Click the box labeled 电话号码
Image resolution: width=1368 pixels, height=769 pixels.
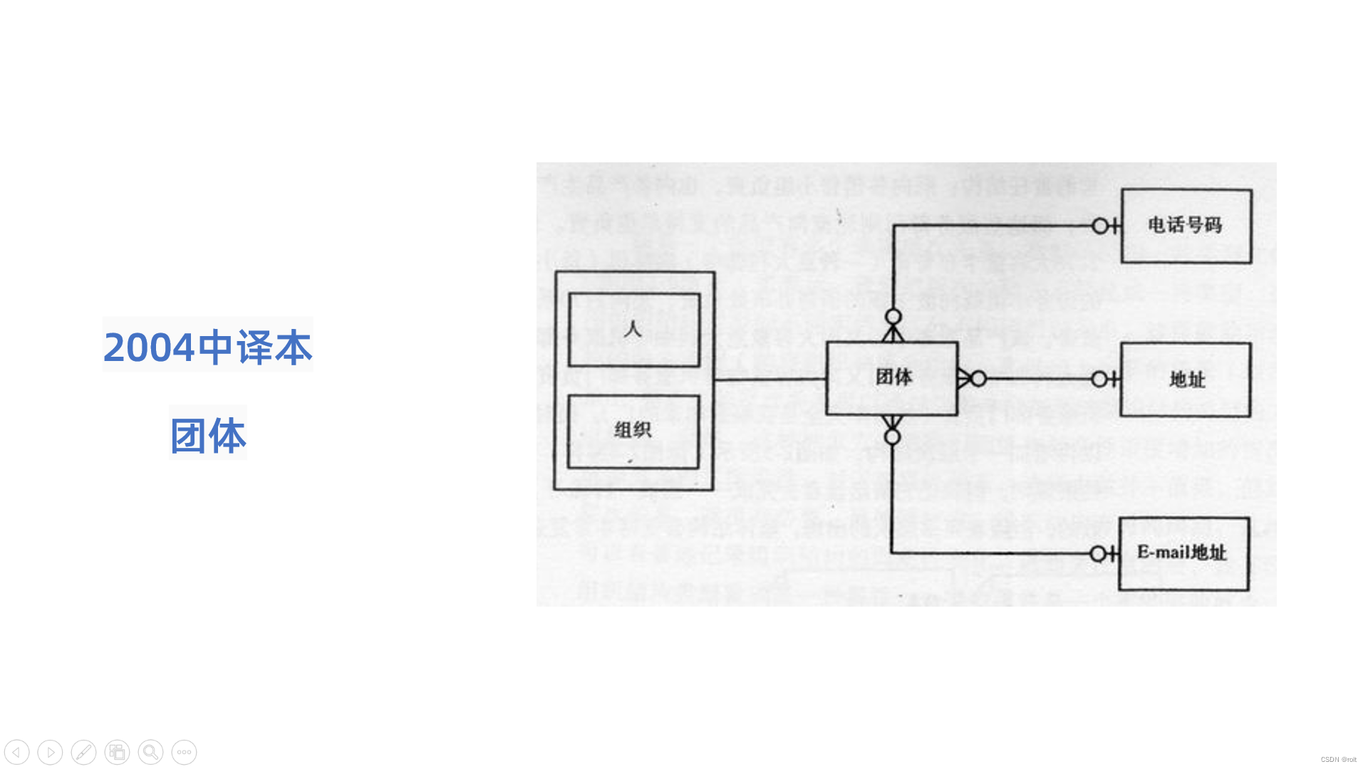pyautogui.click(x=1186, y=226)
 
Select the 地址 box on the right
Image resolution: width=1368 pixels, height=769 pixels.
pyautogui.click(x=1186, y=380)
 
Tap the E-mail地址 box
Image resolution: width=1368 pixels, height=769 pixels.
pyautogui.click(x=1183, y=553)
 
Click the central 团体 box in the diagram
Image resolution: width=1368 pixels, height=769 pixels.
pyautogui.click(x=891, y=378)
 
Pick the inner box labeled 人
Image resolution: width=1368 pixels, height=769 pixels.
pyautogui.click(x=634, y=330)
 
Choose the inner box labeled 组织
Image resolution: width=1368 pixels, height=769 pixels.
pyautogui.click(x=633, y=431)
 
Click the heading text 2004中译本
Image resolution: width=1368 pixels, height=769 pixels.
pyautogui.click(x=208, y=347)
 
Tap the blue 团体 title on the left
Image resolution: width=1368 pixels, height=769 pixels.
pyautogui.click(x=208, y=435)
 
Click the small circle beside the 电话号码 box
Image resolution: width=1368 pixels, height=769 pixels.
pyautogui.click(x=1100, y=226)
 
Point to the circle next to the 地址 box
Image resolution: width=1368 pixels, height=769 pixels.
pyautogui.click(x=1099, y=380)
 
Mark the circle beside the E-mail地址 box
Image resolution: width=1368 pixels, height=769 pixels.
pyautogui.click(x=1098, y=554)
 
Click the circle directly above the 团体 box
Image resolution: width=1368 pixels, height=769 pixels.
pyautogui.click(x=893, y=317)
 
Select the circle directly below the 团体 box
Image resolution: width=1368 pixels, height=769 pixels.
pyautogui.click(x=892, y=436)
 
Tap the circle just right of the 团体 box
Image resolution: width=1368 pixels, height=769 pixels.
pyautogui.click(x=979, y=379)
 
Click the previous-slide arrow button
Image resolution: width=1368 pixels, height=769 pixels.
pyautogui.click(x=16, y=752)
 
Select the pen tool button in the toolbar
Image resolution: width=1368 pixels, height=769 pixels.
pyautogui.click(x=83, y=752)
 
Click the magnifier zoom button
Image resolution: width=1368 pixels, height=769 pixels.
pyautogui.click(x=150, y=752)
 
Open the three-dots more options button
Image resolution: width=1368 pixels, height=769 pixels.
pyautogui.click(x=184, y=752)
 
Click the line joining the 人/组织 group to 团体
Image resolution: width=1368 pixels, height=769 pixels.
pyautogui.click(x=769, y=380)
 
